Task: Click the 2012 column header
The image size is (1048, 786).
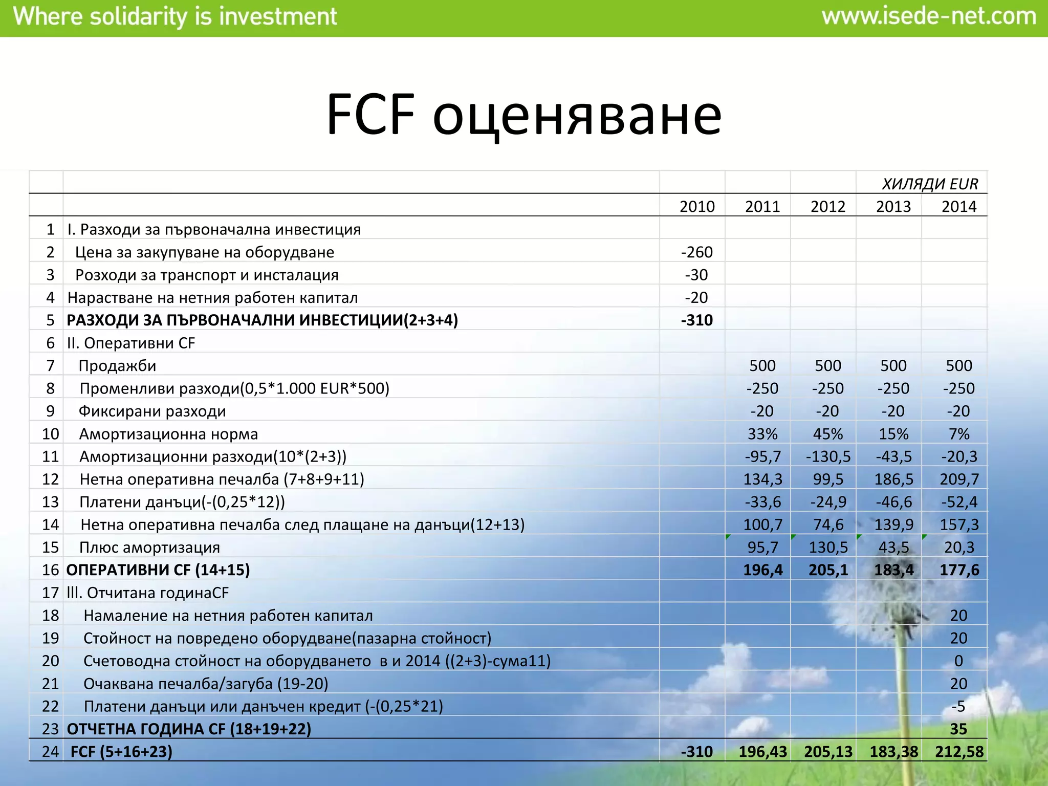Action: (827, 206)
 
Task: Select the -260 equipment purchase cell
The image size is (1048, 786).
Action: (696, 252)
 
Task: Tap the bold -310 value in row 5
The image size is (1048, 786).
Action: (696, 320)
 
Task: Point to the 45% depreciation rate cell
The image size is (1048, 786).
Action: (827, 434)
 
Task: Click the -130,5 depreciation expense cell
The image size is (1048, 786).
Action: (827, 456)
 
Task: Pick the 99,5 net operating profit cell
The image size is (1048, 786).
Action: (827, 479)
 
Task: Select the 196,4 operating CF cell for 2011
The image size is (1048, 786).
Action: (762, 570)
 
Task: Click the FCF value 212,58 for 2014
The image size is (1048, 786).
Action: (959, 751)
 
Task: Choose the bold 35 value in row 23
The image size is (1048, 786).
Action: (958, 729)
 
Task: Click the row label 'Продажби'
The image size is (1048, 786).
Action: (117, 365)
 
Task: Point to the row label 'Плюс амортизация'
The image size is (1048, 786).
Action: (149, 547)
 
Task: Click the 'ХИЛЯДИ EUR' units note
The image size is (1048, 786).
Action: (930, 184)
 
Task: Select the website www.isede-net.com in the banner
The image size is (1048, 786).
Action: (929, 17)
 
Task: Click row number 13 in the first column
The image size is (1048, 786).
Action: (51, 502)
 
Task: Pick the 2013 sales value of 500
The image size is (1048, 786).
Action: (893, 365)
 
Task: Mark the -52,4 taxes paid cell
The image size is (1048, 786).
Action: (959, 502)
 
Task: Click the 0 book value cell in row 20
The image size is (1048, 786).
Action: (958, 661)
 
